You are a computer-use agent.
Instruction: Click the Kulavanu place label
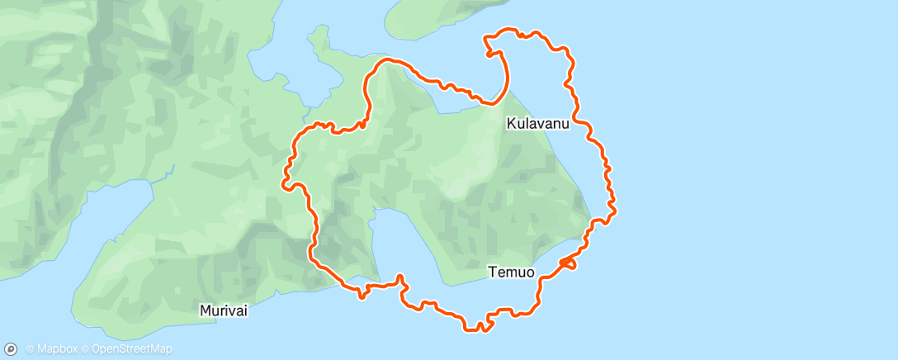(538, 124)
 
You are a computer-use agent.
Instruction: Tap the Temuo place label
(511, 271)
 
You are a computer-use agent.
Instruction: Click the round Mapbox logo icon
(12, 349)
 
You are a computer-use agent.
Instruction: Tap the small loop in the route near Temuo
(568, 263)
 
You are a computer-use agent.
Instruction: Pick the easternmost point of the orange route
(616, 206)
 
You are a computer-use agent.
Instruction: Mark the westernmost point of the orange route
(285, 180)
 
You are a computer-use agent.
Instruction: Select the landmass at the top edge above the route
(446, 17)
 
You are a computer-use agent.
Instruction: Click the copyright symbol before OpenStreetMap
(86, 349)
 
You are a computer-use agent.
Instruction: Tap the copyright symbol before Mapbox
(30, 349)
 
